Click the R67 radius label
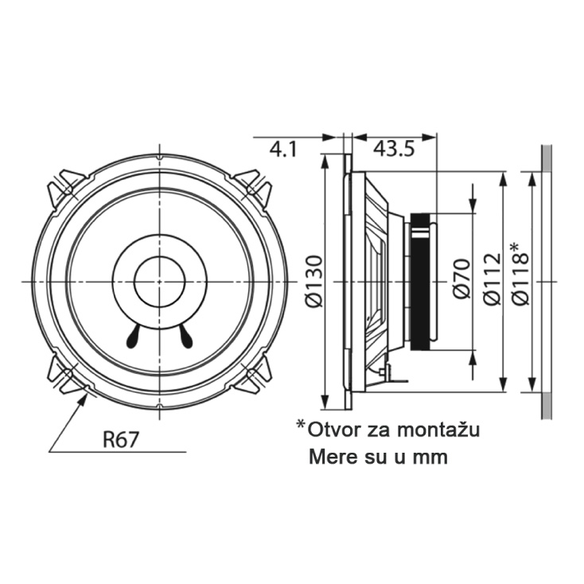pyautogui.click(x=120, y=439)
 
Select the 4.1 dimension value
pyautogui.click(x=283, y=150)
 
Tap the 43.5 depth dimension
pyautogui.click(x=394, y=150)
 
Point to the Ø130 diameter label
pyautogui.click(x=313, y=281)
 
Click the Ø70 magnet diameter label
pyautogui.click(x=461, y=278)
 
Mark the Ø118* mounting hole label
pyautogui.click(x=520, y=274)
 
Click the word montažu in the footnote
pyautogui.click(x=438, y=430)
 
